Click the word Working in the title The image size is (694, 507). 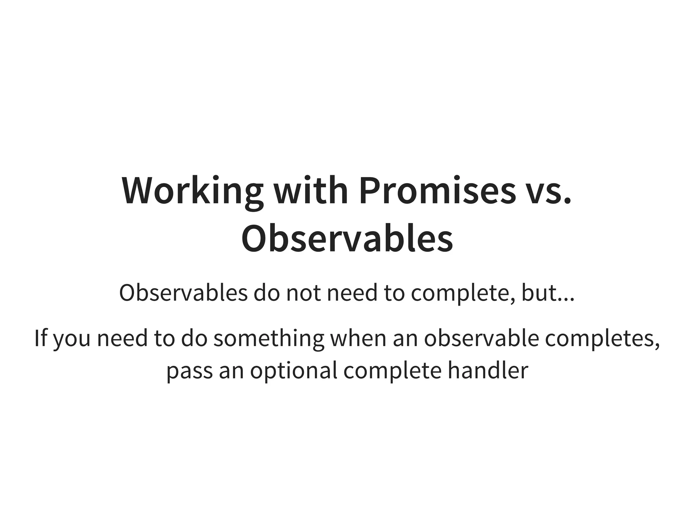tap(192, 191)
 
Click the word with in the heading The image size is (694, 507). tap(311, 191)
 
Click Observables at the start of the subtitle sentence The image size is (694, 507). tap(183, 293)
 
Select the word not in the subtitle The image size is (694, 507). tap(303, 293)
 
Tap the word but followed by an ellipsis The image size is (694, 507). tap(538, 293)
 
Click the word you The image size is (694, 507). tap(72, 340)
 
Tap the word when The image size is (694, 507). tap(358, 338)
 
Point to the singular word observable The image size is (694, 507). tap(481, 338)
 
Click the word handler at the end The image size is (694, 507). tap(488, 370)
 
